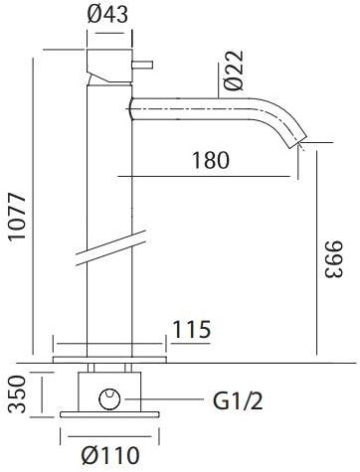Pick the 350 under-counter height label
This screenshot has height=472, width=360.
point(15,394)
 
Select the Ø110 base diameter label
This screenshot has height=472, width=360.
point(107,456)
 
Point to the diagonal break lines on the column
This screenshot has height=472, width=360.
point(109,249)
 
